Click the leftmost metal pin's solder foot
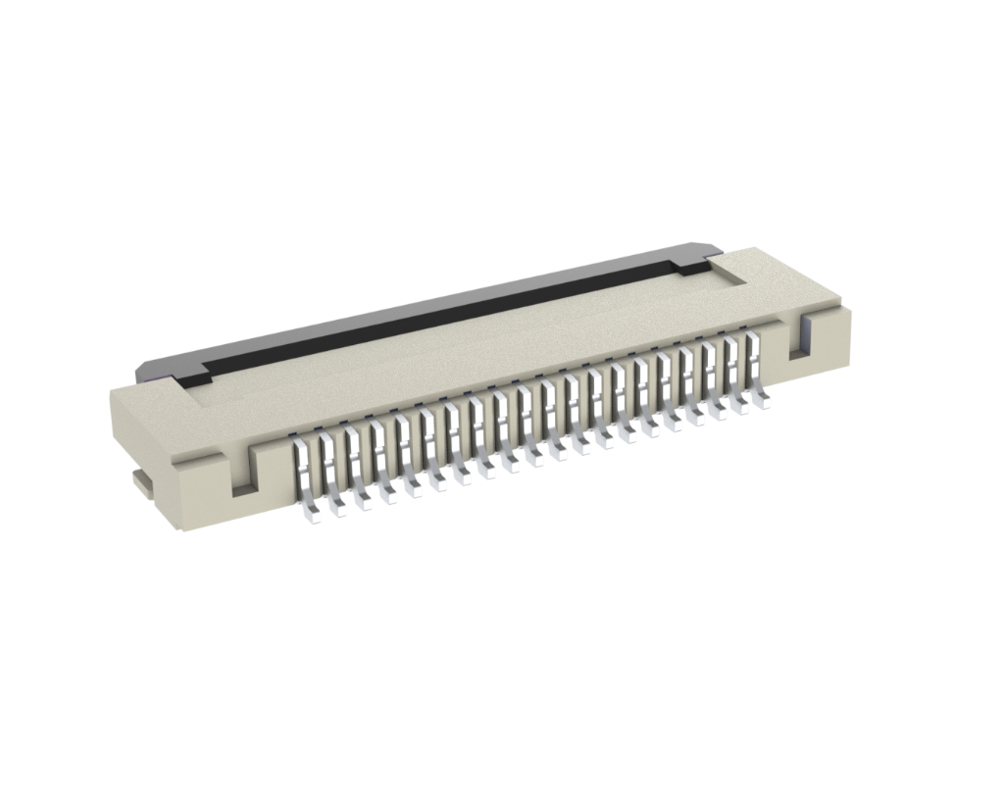tap(311, 512)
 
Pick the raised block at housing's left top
tap(157, 401)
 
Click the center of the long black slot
tap(441, 315)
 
